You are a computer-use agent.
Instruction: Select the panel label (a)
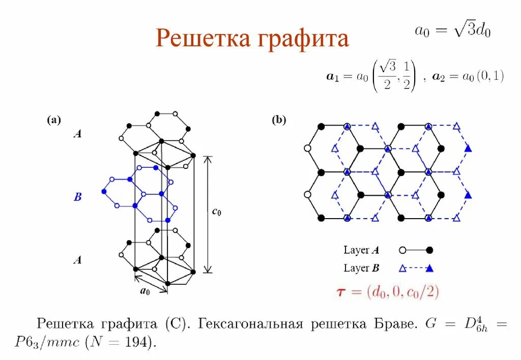point(54,121)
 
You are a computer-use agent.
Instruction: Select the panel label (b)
point(279,121)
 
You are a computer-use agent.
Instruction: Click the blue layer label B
point(77,197)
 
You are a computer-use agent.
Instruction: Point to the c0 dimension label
point(216,213)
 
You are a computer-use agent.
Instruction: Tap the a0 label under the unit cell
point(145,291)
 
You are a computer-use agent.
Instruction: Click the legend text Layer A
point(361,250)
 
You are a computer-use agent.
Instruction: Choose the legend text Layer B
point(361,268)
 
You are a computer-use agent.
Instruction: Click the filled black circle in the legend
point(429,250)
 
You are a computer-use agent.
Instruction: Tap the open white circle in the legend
point(402,250)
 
